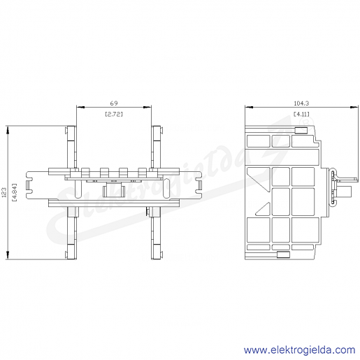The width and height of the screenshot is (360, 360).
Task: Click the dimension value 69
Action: (x=114, y=103)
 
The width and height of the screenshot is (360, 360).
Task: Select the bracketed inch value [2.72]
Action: (x=114, y=114)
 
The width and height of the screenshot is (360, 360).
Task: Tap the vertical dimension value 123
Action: (x=4, y=192)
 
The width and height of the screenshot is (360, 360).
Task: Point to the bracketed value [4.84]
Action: (x=15, y=192)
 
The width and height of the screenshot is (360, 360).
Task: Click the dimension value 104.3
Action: (x=301, y=103)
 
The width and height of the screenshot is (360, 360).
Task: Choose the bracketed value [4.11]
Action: (x=301, y=114)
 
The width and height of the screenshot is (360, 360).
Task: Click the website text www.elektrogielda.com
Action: (x=299, y=350)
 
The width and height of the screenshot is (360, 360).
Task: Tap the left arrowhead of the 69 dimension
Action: (x=80, y=107)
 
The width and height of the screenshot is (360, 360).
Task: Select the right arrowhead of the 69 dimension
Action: (x=147, y=107)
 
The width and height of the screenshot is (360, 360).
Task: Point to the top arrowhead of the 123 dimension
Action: (x=8, y=129)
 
